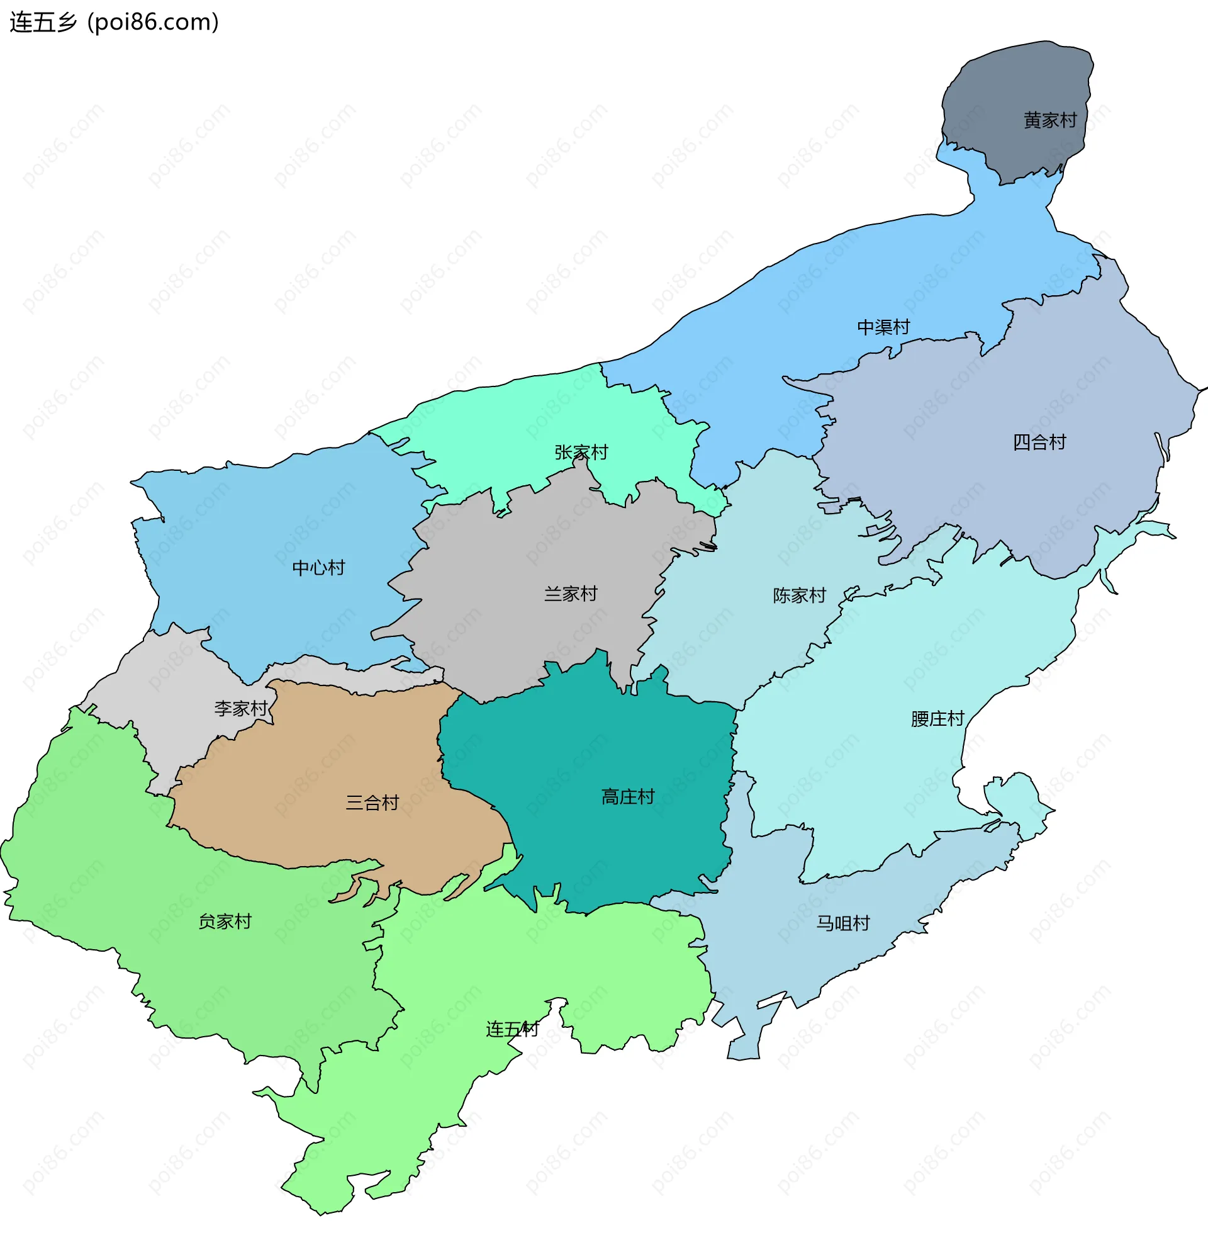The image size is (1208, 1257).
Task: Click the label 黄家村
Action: [x=1049, y=121]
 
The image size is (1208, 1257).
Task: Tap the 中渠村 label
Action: [x=883, y=328]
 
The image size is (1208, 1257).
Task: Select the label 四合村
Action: [x=1039, y=442]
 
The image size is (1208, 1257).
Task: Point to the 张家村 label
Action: [x=581, y=453]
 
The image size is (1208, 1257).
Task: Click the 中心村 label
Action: [x=318, y=568]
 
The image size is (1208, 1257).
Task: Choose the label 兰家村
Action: [x=570, y=594]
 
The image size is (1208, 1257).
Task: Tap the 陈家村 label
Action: [x=799, y=597]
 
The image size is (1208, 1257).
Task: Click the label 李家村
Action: [x=240, y=709]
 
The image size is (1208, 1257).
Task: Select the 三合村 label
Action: [x=372, y=803]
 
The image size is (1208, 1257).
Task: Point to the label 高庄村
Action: [x=627, y=797]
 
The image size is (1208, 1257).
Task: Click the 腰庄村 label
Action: [x=937, y=719]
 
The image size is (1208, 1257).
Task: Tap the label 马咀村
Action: [x=842, y=923]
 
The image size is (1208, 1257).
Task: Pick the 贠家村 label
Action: [x=225, y=922]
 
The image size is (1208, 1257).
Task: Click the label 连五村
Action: [x=512, y=1030]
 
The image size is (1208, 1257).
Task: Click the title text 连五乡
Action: [x=43, y=23]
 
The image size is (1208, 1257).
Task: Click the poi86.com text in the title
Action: [x=154, y=23]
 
